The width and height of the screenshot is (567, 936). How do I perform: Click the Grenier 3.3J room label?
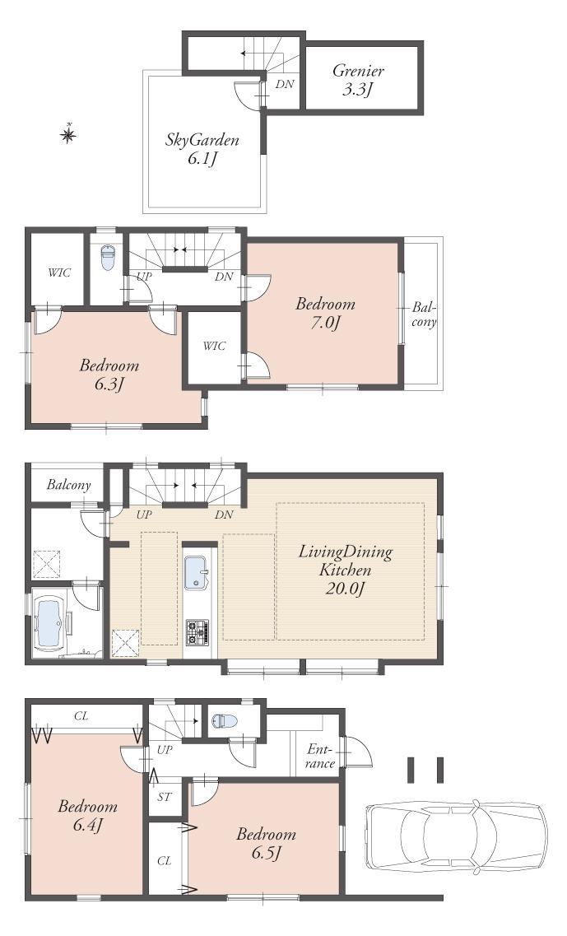click(x=358, y=80)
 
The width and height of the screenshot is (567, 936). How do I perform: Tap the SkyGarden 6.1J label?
click(x=202, y=149)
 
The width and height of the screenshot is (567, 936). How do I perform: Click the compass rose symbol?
click(x=69, y=133)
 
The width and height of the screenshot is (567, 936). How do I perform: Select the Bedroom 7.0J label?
click(x=325, y=313)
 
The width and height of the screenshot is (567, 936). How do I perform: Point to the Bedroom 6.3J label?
click(x=109, y=374)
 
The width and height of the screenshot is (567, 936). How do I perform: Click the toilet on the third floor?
click(x=107, y=258)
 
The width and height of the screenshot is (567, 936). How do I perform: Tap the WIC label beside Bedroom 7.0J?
click(x=214, y=347)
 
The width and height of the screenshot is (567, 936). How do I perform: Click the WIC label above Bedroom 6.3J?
click(x=58, y=272)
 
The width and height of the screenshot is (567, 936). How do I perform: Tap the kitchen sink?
click(x=197, y=572)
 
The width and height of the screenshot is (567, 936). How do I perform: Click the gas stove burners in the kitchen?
click(x=198, y=632)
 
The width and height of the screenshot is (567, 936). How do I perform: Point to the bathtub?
click(x=49, y=625)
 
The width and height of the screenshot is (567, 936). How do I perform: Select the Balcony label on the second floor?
click(x=68, y=485)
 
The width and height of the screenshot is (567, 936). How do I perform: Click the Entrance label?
click(x=320, y=756)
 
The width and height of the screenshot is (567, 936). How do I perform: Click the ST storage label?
click(x=165, y=798)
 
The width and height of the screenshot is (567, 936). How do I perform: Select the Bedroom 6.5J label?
click(x=265, y=843)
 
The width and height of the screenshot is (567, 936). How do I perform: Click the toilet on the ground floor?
click(x=224, y=721)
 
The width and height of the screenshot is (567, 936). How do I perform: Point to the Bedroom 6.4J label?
click(x=87, y=815)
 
